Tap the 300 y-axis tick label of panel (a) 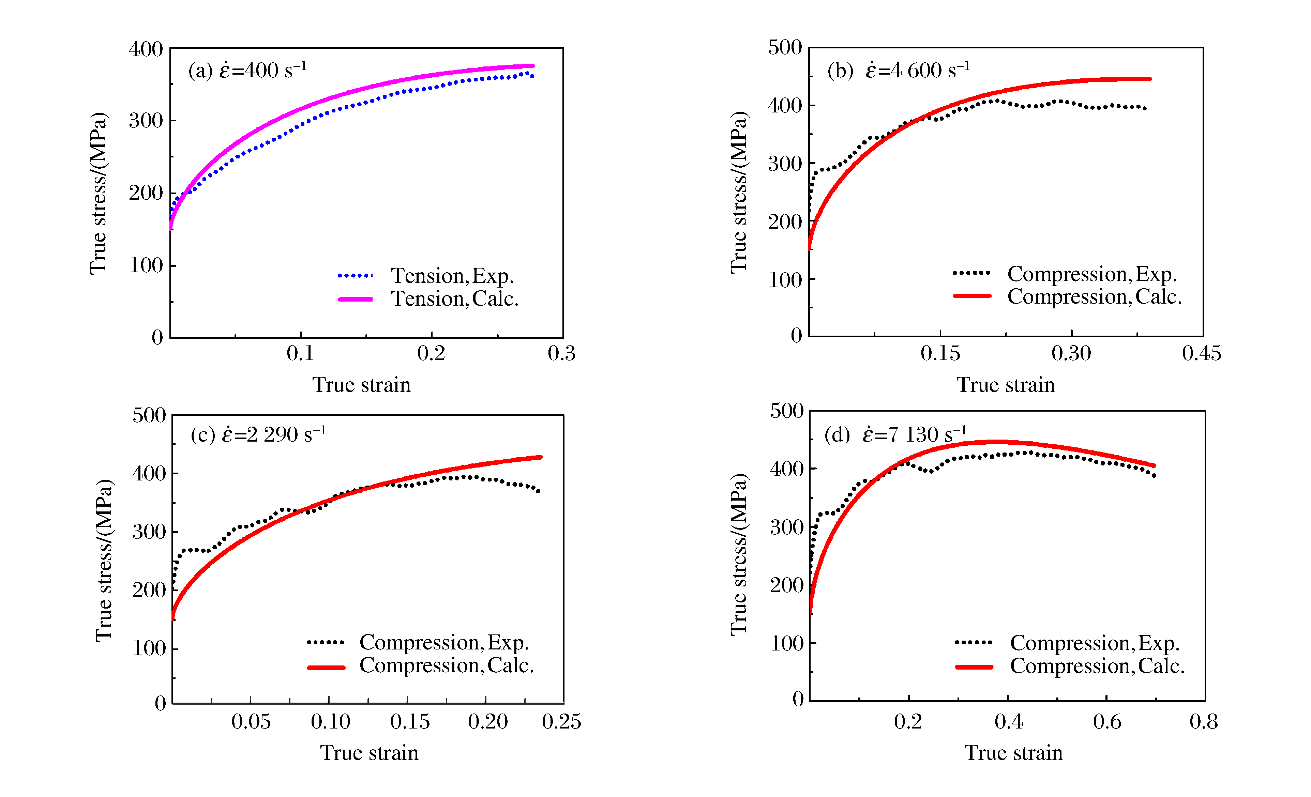(x=146, y=121)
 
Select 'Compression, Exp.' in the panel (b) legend (x=1092, y=274)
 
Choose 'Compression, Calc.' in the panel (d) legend (x=1097, y=666)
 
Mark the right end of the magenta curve (x=533, y=66)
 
